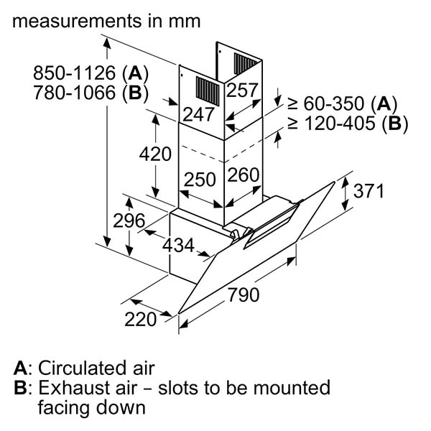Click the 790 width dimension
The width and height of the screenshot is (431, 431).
click(244, 295)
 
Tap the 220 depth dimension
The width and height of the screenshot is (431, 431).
click(141, 319)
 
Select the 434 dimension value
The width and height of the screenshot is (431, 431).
click(178, 245)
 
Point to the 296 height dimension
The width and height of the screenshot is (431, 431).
click(129, 221)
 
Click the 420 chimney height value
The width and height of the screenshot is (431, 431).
click(155, 154)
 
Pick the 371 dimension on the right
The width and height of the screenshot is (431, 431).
click(369, 191)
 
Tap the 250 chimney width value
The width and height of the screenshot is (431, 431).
click(200, 180)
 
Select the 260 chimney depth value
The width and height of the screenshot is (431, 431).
click(244, 175)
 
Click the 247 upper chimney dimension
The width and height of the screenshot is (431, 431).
click(198, 114)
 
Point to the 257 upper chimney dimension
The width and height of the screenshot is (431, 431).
click(242, 91)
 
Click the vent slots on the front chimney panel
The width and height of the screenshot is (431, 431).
click(208, 91)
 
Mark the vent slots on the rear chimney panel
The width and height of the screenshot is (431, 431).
click(245, 64)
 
